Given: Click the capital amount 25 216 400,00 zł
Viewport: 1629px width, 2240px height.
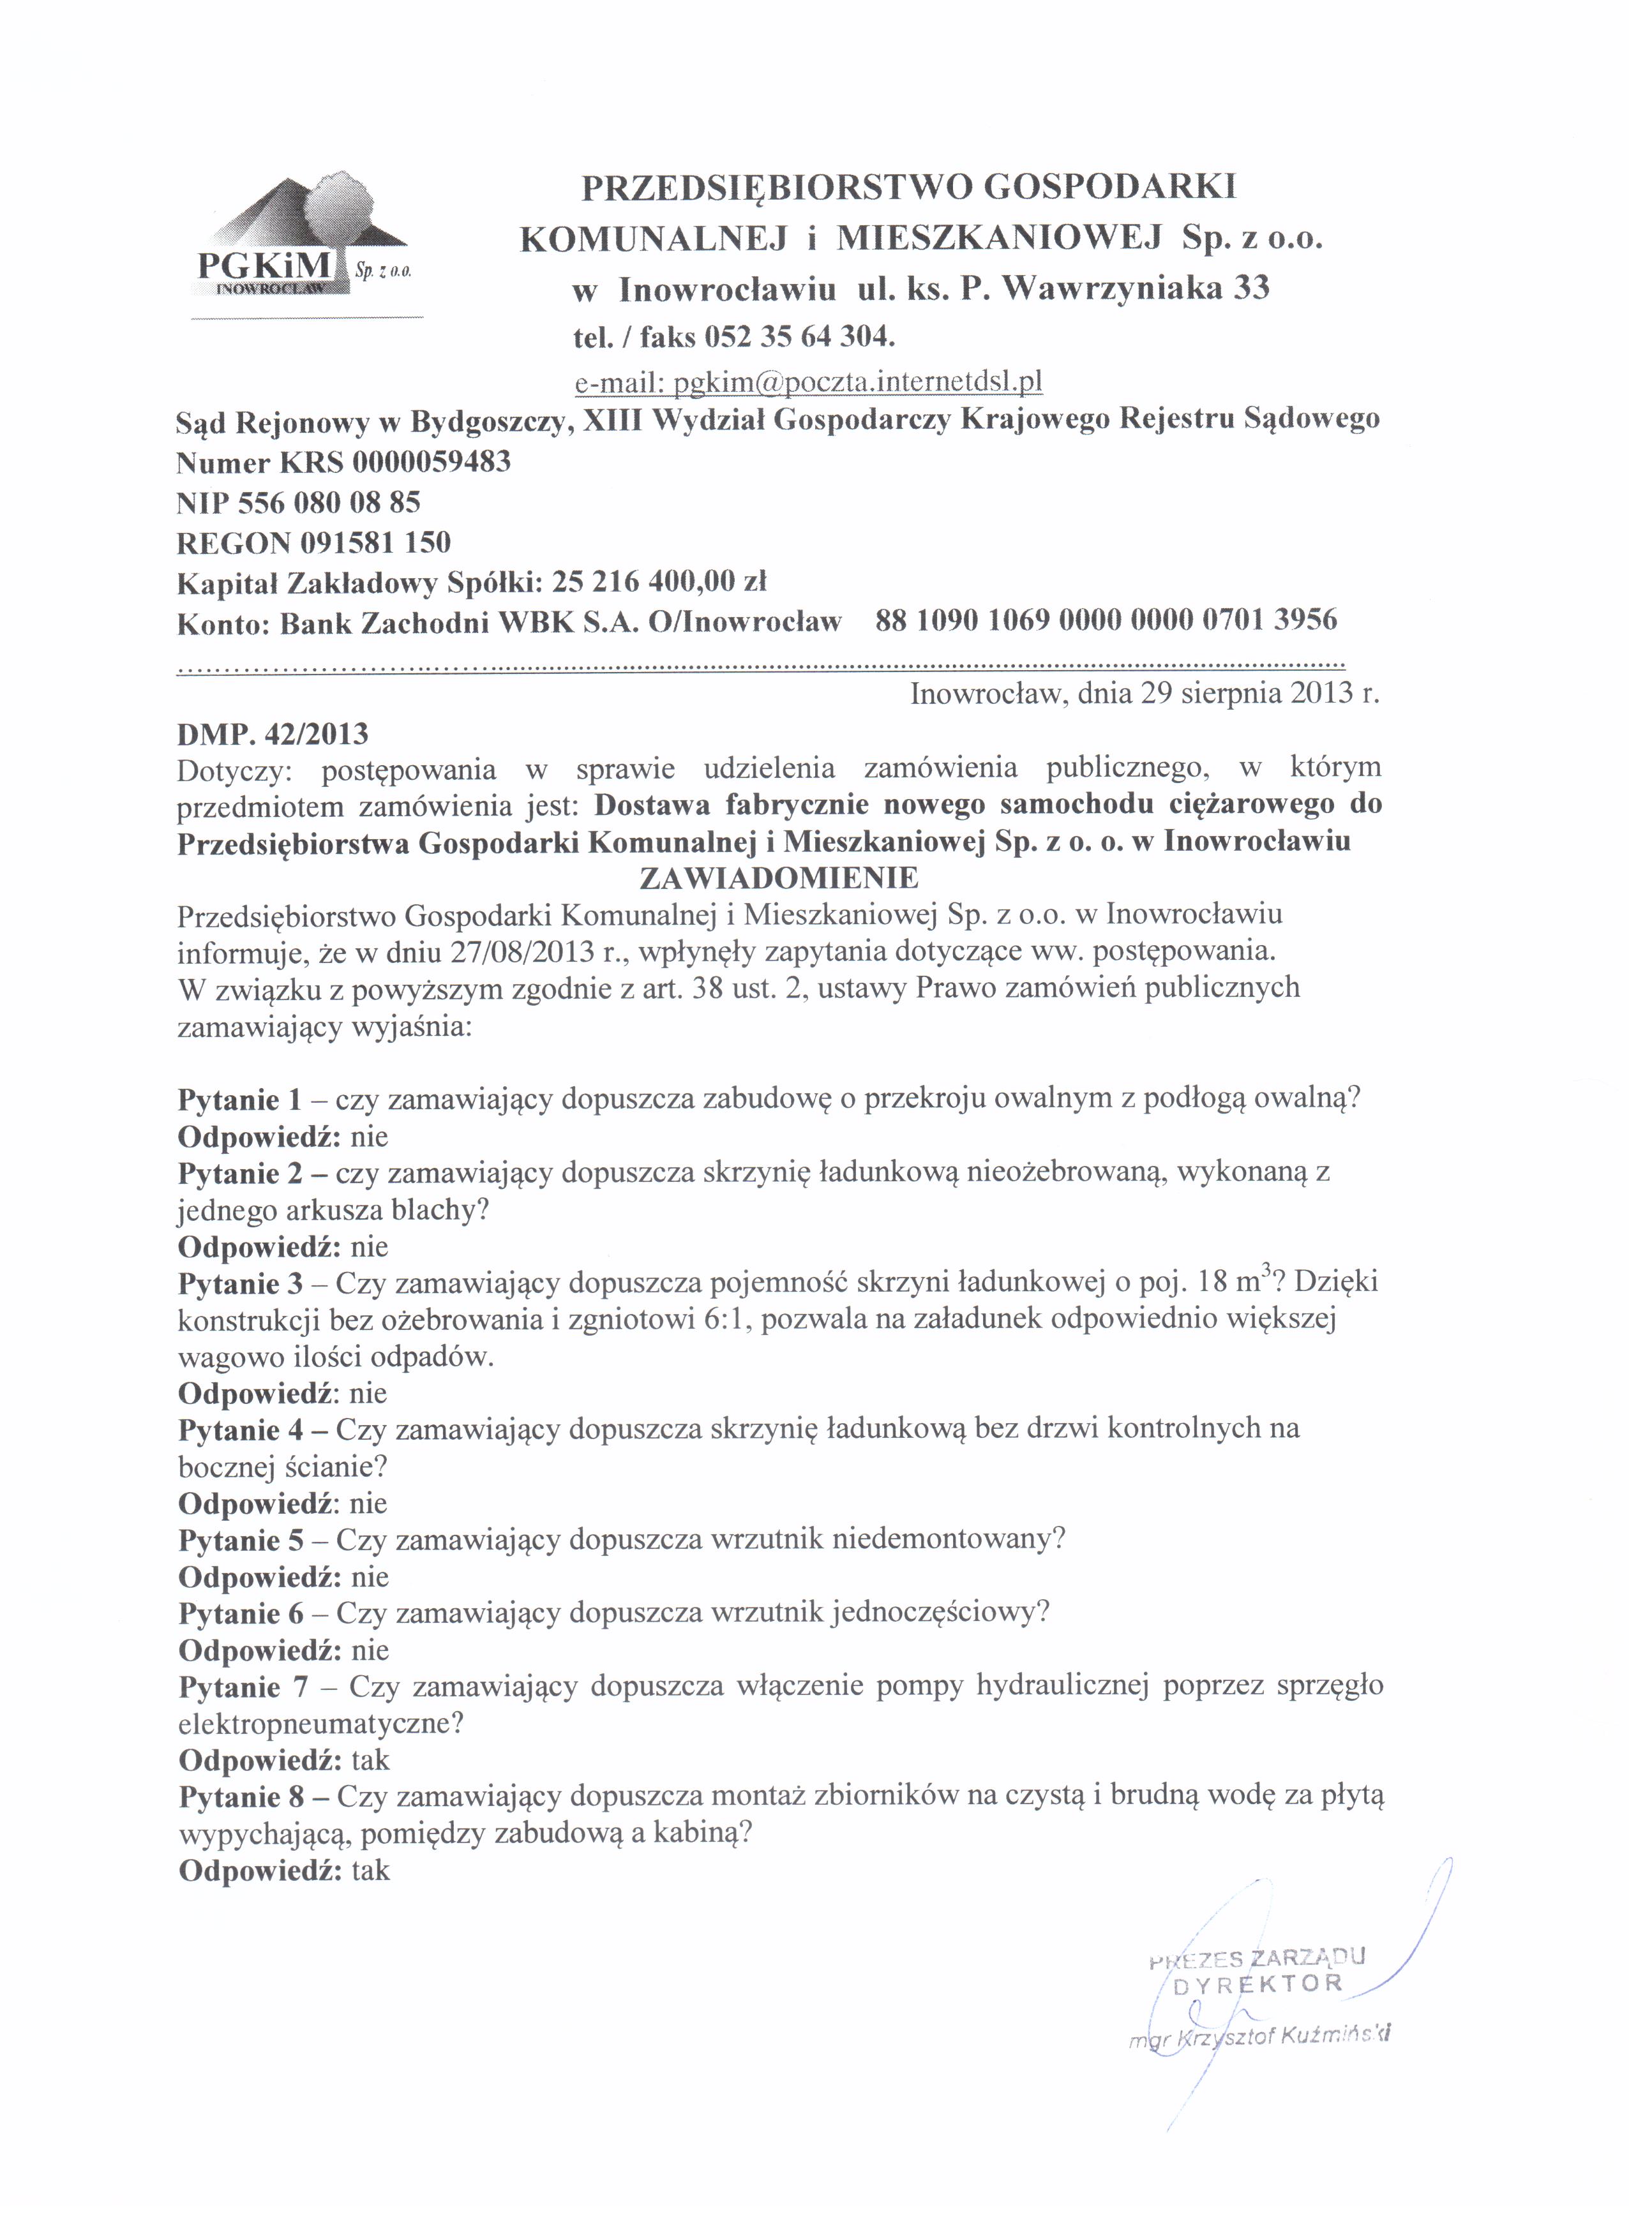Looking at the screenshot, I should [x=659, y=582].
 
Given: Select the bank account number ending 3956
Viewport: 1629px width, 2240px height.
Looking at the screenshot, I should [x=1106, y=620].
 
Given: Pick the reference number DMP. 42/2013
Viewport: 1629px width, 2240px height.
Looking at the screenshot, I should [x=273, y=734].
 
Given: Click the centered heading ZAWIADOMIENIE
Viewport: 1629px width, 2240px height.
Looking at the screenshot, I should [x=779, y=877].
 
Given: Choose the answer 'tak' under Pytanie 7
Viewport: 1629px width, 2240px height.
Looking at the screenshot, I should [x=370, y=1760].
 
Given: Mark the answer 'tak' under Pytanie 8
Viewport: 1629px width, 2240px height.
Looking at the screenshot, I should [x=370, y=1870].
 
